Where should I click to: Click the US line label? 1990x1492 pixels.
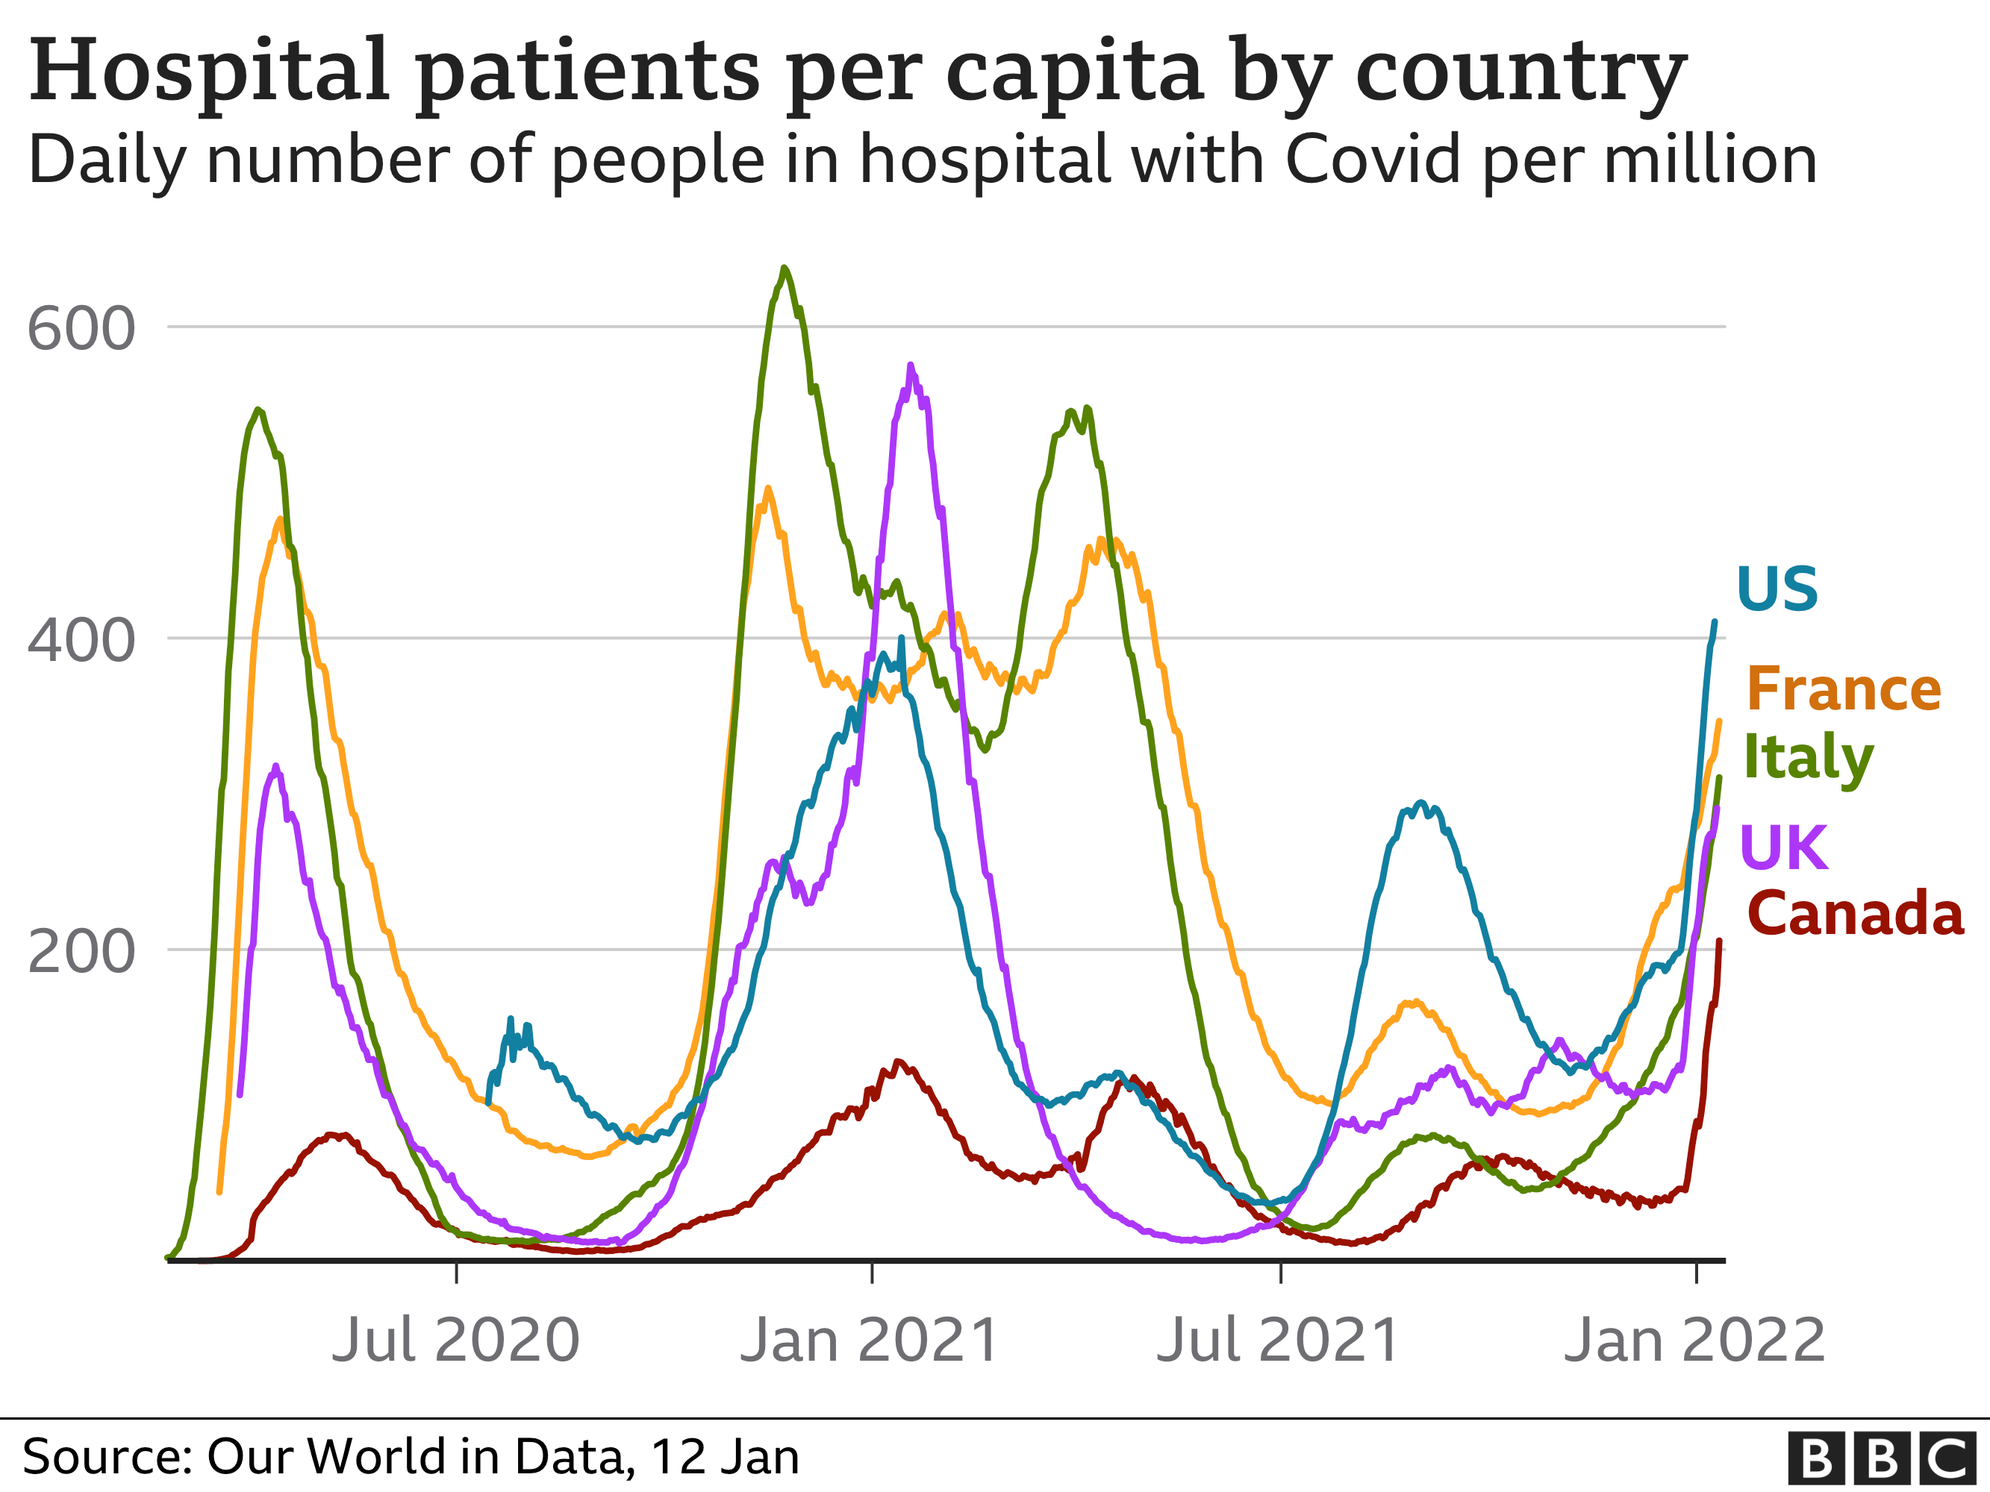(x=1777, y=590)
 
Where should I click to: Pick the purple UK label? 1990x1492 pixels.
(x=1784, y=847)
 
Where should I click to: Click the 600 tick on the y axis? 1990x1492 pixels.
(x=81, y=329)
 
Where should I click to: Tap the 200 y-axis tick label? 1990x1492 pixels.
(x=81, y=951)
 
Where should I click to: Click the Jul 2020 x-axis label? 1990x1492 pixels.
(x=455, y=1340)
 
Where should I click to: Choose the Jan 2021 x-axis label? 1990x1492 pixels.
(x=869, y=1340)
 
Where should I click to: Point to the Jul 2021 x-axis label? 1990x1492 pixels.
(x=1277, y=1340)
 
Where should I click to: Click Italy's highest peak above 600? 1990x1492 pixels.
(x=785, y=268)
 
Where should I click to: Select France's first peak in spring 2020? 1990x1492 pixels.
(x=280, y=519)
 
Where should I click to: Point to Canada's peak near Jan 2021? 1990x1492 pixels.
(x=898, y=1062)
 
